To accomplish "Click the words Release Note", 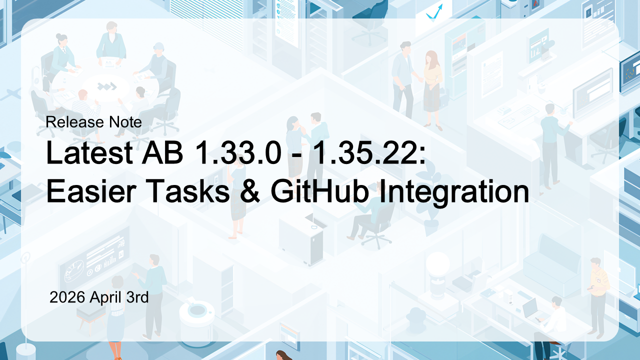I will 93,122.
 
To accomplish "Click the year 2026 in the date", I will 68,297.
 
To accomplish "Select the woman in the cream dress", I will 431,85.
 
